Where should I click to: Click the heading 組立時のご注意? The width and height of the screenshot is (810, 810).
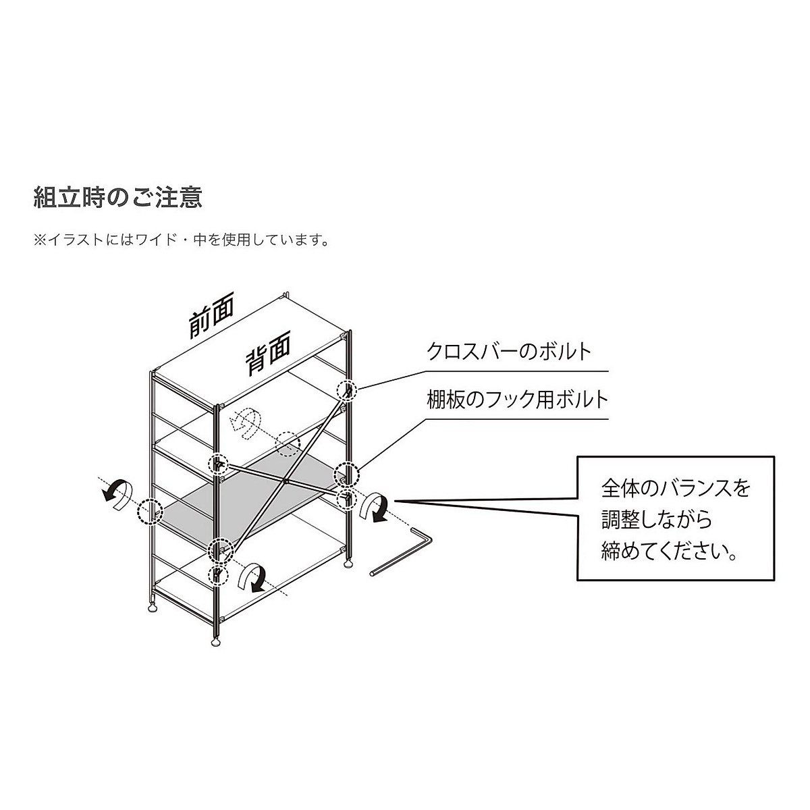point(118,198)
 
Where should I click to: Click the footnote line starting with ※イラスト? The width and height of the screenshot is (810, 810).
point(182,240)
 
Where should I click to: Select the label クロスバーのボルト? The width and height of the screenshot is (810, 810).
point(509,352)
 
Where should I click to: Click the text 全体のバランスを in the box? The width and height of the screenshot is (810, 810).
point(675,488)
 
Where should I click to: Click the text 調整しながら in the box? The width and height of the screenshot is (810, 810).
point(656,520)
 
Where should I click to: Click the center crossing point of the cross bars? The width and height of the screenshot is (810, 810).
point(287,482)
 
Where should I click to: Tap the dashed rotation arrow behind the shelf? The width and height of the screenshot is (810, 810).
point(244,423)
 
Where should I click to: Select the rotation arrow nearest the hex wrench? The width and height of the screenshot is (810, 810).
point(373,508)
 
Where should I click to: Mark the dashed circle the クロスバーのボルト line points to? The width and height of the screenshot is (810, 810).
point(347,390)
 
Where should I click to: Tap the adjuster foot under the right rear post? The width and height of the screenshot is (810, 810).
point(348,563)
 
